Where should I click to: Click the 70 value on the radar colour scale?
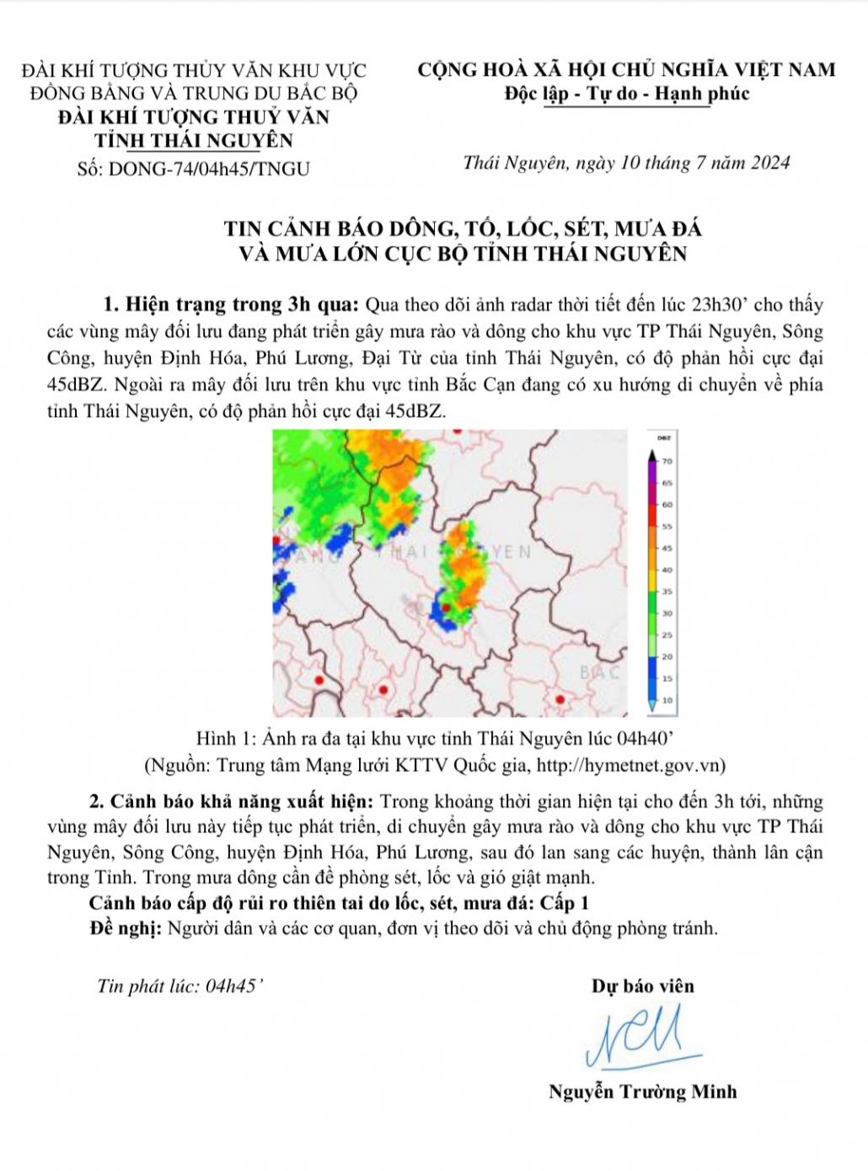click(667, 461)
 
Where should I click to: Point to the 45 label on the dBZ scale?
click(667, 548)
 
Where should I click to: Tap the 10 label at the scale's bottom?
click(667, 700)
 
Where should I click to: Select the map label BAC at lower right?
click(600, 672)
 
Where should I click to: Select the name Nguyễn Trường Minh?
click(642, 1092)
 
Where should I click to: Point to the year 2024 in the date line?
click(768, 163)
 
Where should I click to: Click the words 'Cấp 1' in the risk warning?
click(565, 903)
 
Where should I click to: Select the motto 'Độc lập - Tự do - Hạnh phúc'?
click(627, 94)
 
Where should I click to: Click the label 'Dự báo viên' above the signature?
click(642, 987)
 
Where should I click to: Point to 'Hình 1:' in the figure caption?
click(226, 739)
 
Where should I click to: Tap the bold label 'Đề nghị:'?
click(125, 928)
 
